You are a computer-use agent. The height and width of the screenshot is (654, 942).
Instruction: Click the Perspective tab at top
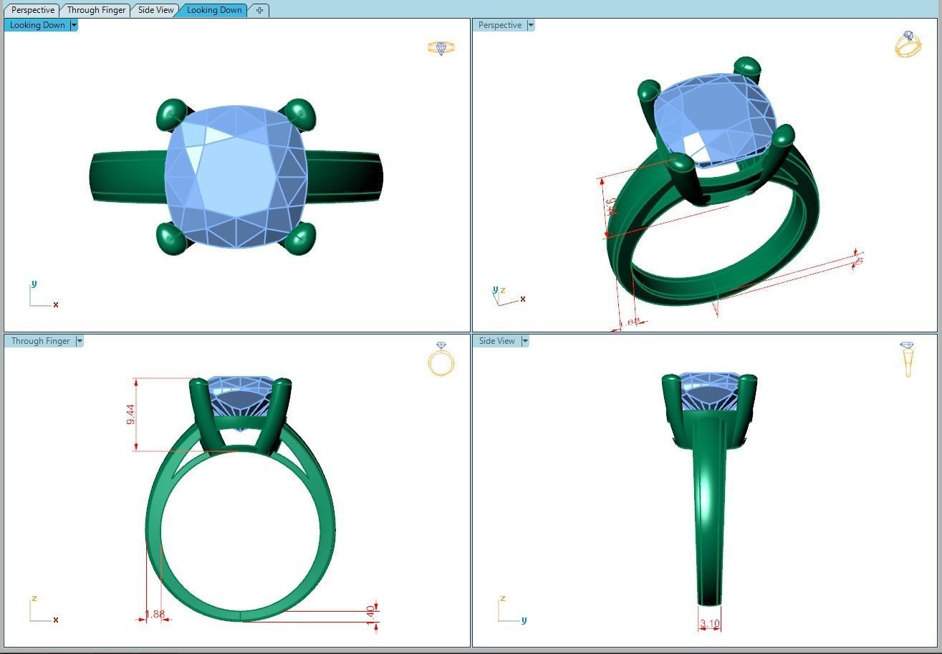coord(32,10)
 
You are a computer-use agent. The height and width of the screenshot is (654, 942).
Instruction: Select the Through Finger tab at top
coord(96,10)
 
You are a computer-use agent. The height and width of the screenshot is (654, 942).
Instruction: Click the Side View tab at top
coord(155,10)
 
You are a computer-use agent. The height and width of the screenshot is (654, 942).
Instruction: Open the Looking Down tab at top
coord(213,10)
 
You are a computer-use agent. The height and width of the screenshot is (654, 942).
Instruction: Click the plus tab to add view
coord(259,10)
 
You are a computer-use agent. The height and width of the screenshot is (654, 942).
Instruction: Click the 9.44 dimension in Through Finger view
coord(130,414)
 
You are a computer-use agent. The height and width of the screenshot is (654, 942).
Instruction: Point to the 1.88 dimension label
coord(155,614)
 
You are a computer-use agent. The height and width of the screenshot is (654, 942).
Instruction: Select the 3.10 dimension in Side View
coord(709,624)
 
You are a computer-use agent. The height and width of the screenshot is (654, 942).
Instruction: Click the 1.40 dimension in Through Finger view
coord(370,614)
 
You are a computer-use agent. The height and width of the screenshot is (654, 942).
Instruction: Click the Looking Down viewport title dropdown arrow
coord(74,25)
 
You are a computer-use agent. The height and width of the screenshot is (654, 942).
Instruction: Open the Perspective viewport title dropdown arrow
coord(531,25)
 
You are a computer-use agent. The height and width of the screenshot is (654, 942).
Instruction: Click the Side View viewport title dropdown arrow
coord(525,341)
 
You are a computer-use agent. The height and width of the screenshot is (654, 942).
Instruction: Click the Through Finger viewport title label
coord(40,341)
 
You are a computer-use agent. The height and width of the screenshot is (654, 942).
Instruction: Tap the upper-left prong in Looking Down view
coord(171,114)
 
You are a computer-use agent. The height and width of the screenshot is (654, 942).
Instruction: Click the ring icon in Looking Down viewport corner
coord(441,48)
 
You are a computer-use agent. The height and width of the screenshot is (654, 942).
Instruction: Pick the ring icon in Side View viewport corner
coord(908,358)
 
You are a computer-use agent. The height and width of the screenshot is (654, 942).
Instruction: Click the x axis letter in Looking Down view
coord(56,304)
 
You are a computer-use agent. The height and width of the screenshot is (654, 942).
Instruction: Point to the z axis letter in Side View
coord(503,599)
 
